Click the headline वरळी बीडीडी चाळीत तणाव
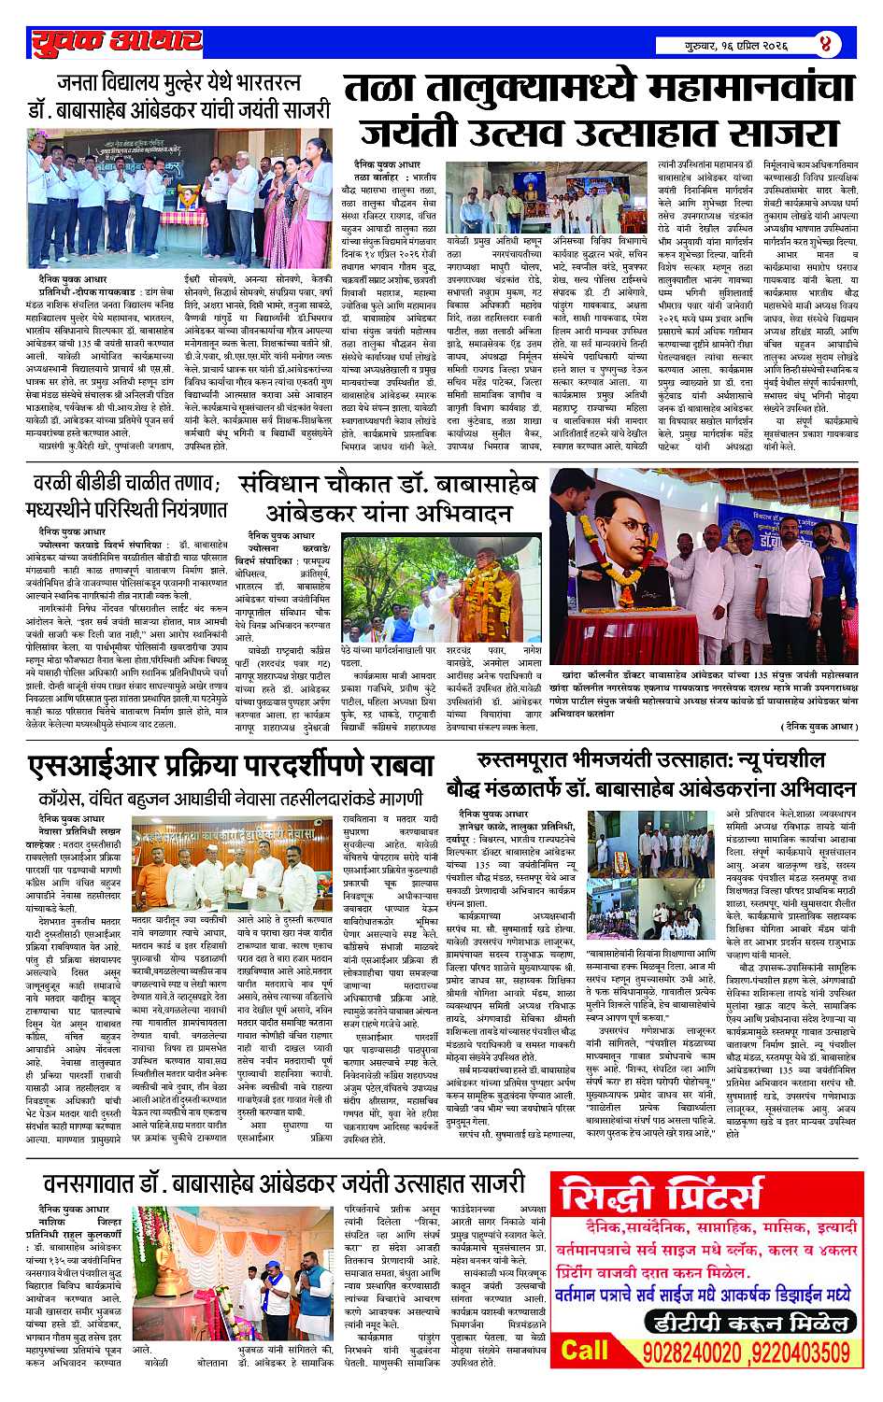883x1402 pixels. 126,497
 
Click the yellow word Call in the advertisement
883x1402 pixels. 585,1350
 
